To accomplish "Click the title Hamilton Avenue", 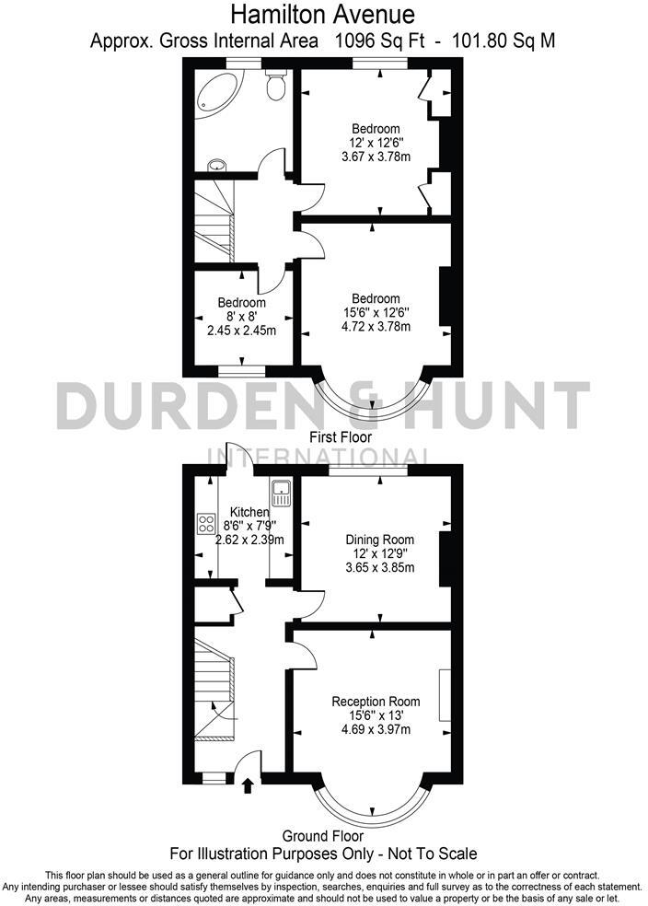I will click(x=322, y=15).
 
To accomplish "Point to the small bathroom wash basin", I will click(x=216, y=165).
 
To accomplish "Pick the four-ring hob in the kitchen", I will click(x=206, y=525).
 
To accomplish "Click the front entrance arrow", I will click(x=247, y=784).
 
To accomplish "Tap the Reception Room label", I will click(x=376, y=701).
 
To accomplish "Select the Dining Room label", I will click(x=379, y=540).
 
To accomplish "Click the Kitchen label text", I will click(x=249, y=512).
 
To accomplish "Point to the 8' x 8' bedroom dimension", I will click(x=242, y=316).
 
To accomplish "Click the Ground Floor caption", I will click(x=322, y=836).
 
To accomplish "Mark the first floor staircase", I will click(x=214, y=221).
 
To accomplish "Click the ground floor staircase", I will click(x=214, y=691).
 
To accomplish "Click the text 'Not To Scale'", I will click(x=434, y=854).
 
